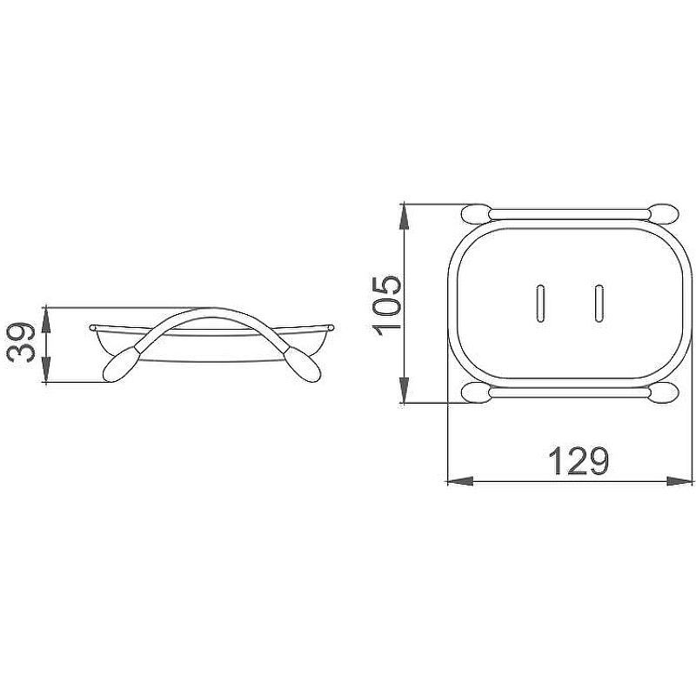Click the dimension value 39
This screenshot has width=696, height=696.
click(x=21, y=344)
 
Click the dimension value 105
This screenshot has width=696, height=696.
click(x=386, y=306)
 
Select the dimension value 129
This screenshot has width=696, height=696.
click(x=579, y=462)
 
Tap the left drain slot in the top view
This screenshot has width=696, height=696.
click(x=540, y=303)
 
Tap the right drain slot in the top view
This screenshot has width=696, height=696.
click(x=599, y=303)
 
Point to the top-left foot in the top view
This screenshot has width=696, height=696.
click(x=476, y=213)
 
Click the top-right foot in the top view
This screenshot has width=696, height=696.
click(x=663, y=213)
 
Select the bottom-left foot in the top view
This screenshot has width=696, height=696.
click(x=476, y=393)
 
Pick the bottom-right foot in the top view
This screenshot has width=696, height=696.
click(x=663, y=393)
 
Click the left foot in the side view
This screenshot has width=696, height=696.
click(x=119, y=365)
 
